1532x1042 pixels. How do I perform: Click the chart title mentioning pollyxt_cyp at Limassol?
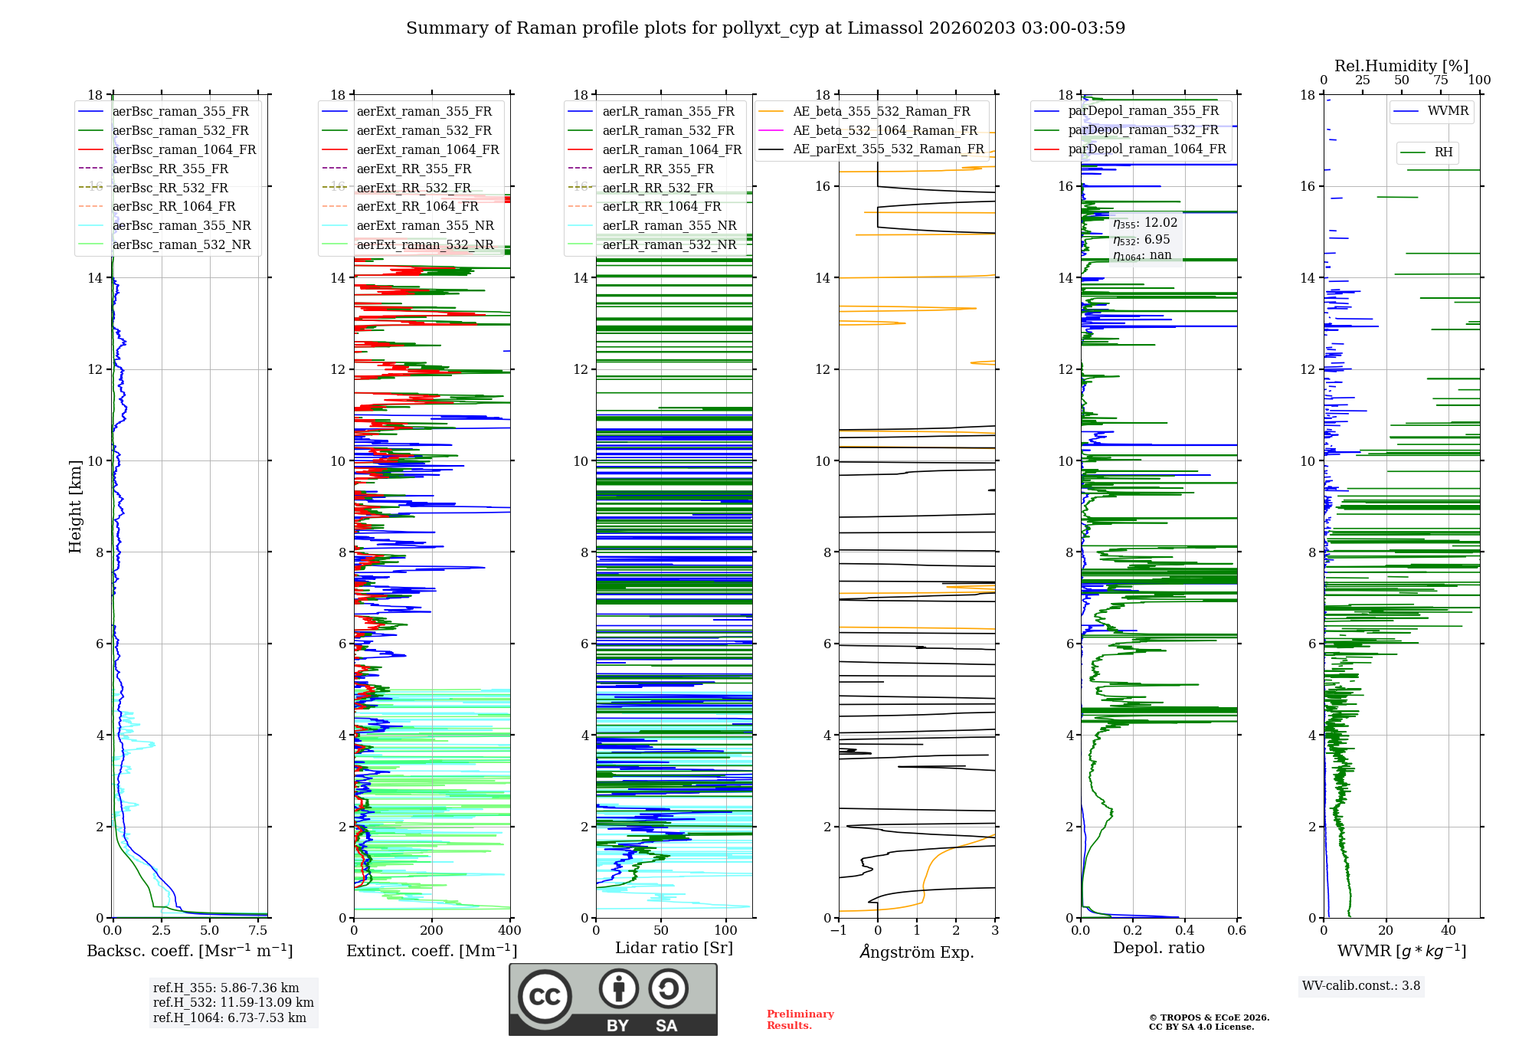pyautogui.click(x=765, y=28)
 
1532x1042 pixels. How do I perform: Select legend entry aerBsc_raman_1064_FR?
pyautogui.click(x=184, y=149)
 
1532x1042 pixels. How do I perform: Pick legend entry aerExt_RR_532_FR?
pyautogui.click(x=414, y=188)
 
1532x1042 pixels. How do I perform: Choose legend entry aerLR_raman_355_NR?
pyautogui.click(x=669, y=225)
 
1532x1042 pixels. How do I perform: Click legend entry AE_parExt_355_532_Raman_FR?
pyautogui.click(x=888, y=149)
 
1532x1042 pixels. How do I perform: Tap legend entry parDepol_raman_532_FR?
pyautogui.click(x=1143, y=129)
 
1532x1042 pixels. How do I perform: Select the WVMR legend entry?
pyautogui.click(x=1447, y=111)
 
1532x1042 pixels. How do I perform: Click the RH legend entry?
pyautogui.click(x=1443, y=152)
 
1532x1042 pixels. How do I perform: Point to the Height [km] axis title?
pyautogui.click(x=75, y=506)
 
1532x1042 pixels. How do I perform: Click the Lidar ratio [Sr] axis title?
pyautogui.click(x=674, y=948)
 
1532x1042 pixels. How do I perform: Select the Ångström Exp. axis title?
pyautogui.click(x=917, y=952)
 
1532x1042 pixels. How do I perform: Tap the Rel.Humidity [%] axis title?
pyautogui.click(x=1401, y=66)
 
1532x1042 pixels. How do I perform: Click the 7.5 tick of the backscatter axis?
pyautogui.click(x=258, y=931)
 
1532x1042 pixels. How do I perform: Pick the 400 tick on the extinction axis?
pyautogui.click(x=510, y=931)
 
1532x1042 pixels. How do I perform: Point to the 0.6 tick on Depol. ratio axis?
pyautogui.click(x=1236, y=931)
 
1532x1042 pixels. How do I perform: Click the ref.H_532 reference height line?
pyautogui.click(x=233, y=1002)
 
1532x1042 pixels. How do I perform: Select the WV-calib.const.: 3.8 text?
pyautogui.click(x=1361, y=986)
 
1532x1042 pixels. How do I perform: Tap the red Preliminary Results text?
pyautogui.click(x=800, y=1020)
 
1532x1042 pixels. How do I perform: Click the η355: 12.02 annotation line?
pyautogui.click(x=1145, y=223)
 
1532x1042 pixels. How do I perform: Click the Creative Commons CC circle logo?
pyautogui.click(x=545, y=997)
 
